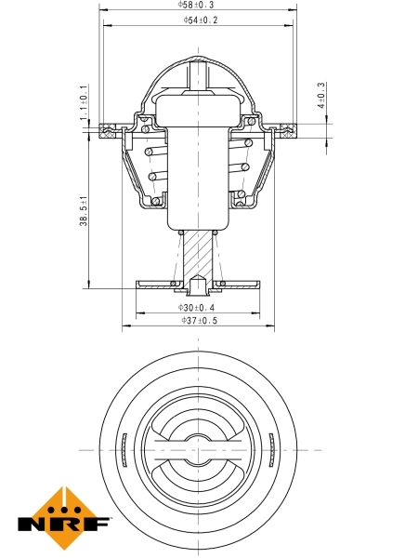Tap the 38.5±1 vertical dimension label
click(84, 215)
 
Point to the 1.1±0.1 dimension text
click(84, 100)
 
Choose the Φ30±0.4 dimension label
click(197, 307)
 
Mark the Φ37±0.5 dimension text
click(198, 321)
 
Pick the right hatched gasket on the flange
click(286, 128)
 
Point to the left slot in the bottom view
click(124, 451)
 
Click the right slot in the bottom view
click(271, 451)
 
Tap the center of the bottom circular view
click(198, 451)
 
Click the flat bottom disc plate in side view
click(197, 283)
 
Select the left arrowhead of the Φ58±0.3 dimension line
click(101, 11)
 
